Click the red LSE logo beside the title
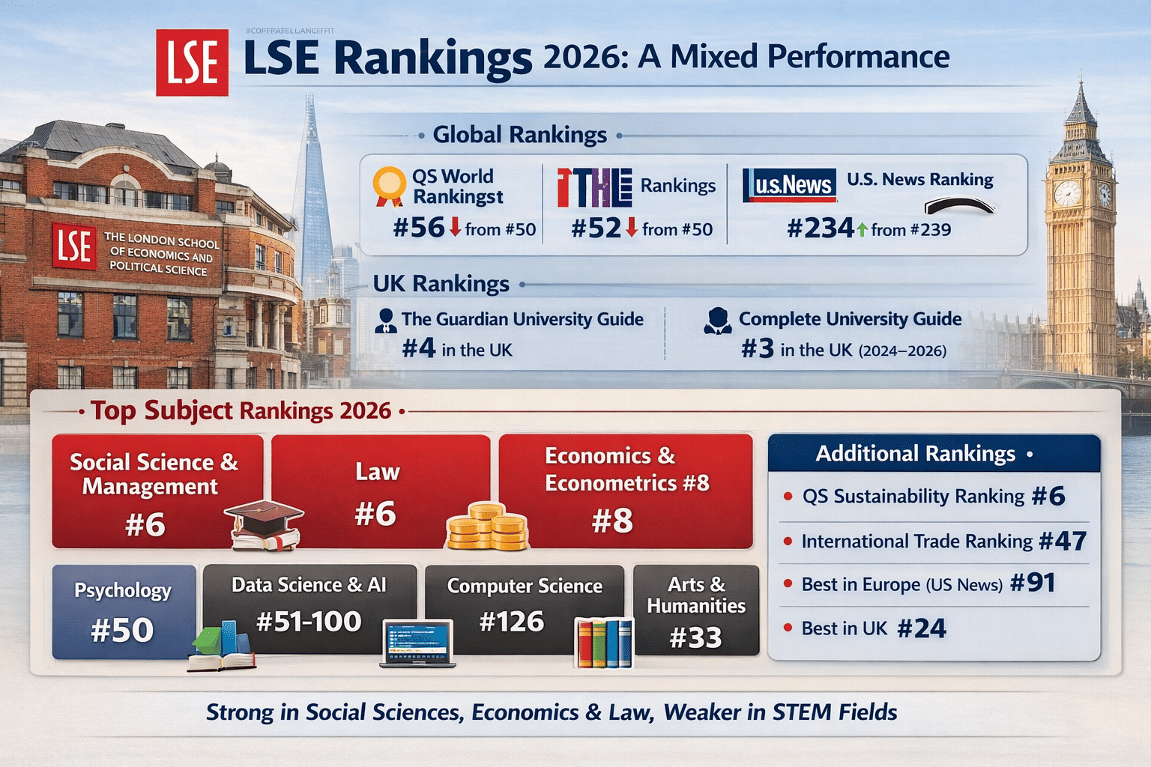click(192, 62)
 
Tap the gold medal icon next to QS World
click(389, 186)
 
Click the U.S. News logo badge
click(789, 185)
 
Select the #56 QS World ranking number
click(419, 228)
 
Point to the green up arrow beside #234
click(862, 229)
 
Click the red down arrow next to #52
click(631, 228)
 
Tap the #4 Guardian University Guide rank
click(418, 348)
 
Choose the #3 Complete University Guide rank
click(757, 348)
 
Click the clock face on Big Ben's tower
click(1066, 194)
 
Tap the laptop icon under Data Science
click(417, 643)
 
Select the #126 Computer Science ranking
click(511, 622)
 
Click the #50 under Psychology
click(122, 630)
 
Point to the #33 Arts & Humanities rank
click(695, 637)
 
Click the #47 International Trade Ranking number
click(1063, 541)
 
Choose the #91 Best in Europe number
click(1033, 583)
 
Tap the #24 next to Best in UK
click(921, 628)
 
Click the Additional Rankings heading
click(915, 454)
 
